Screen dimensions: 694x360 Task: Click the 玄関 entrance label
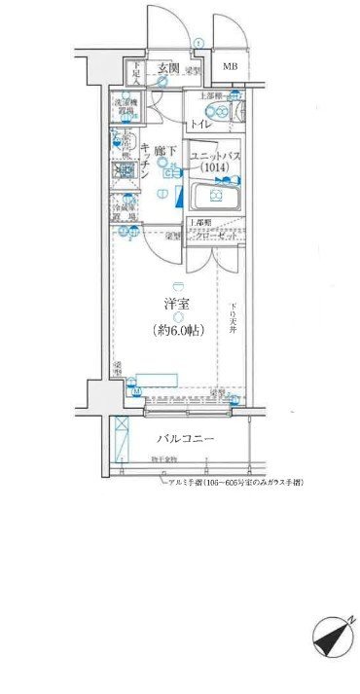(x=168, y=68)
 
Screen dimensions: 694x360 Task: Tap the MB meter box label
(x=230, y=66)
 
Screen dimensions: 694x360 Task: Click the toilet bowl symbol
(x=223, y=112)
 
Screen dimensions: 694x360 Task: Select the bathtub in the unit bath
(x=215, y=201)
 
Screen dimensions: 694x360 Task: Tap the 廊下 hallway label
(x=166, y=151)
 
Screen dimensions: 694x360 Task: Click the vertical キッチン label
(x=144, y=161)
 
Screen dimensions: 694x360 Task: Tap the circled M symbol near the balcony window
(x=135, y=394)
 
